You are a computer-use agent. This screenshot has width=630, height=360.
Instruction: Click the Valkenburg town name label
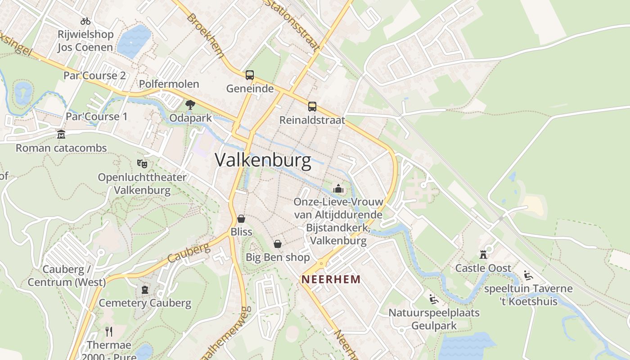point(263,160)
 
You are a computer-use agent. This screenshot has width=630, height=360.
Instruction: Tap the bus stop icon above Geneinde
point(250,75)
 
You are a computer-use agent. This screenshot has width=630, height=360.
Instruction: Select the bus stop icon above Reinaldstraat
point(312,107)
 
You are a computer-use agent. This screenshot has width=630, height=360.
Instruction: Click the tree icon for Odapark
point(190,105)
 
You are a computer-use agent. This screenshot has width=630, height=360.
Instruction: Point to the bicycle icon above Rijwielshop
point(85,21)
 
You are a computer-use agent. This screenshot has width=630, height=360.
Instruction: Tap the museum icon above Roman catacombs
point(61,134)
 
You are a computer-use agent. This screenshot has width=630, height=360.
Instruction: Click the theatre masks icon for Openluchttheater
point(142,163)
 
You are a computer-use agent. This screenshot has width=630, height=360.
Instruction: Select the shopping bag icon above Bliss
point(241,219)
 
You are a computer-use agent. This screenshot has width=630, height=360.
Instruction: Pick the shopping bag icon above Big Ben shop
point(278,244)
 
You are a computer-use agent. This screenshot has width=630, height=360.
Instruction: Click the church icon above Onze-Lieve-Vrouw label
point(338,189)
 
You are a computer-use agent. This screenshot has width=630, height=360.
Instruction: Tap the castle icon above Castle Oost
point(483,255)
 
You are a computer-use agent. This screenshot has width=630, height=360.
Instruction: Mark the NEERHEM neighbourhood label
point(331,279)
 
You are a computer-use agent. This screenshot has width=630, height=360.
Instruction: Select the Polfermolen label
point(169,84)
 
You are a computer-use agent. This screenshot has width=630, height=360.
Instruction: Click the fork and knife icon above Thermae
point(109,332)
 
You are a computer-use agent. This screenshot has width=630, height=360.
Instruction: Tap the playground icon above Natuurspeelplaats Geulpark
point(433,299)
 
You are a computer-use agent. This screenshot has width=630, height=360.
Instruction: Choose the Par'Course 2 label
point(94,75)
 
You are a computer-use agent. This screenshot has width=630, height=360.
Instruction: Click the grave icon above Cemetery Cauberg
point(145,290)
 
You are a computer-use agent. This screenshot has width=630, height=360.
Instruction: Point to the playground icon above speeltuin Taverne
point(528,275)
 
